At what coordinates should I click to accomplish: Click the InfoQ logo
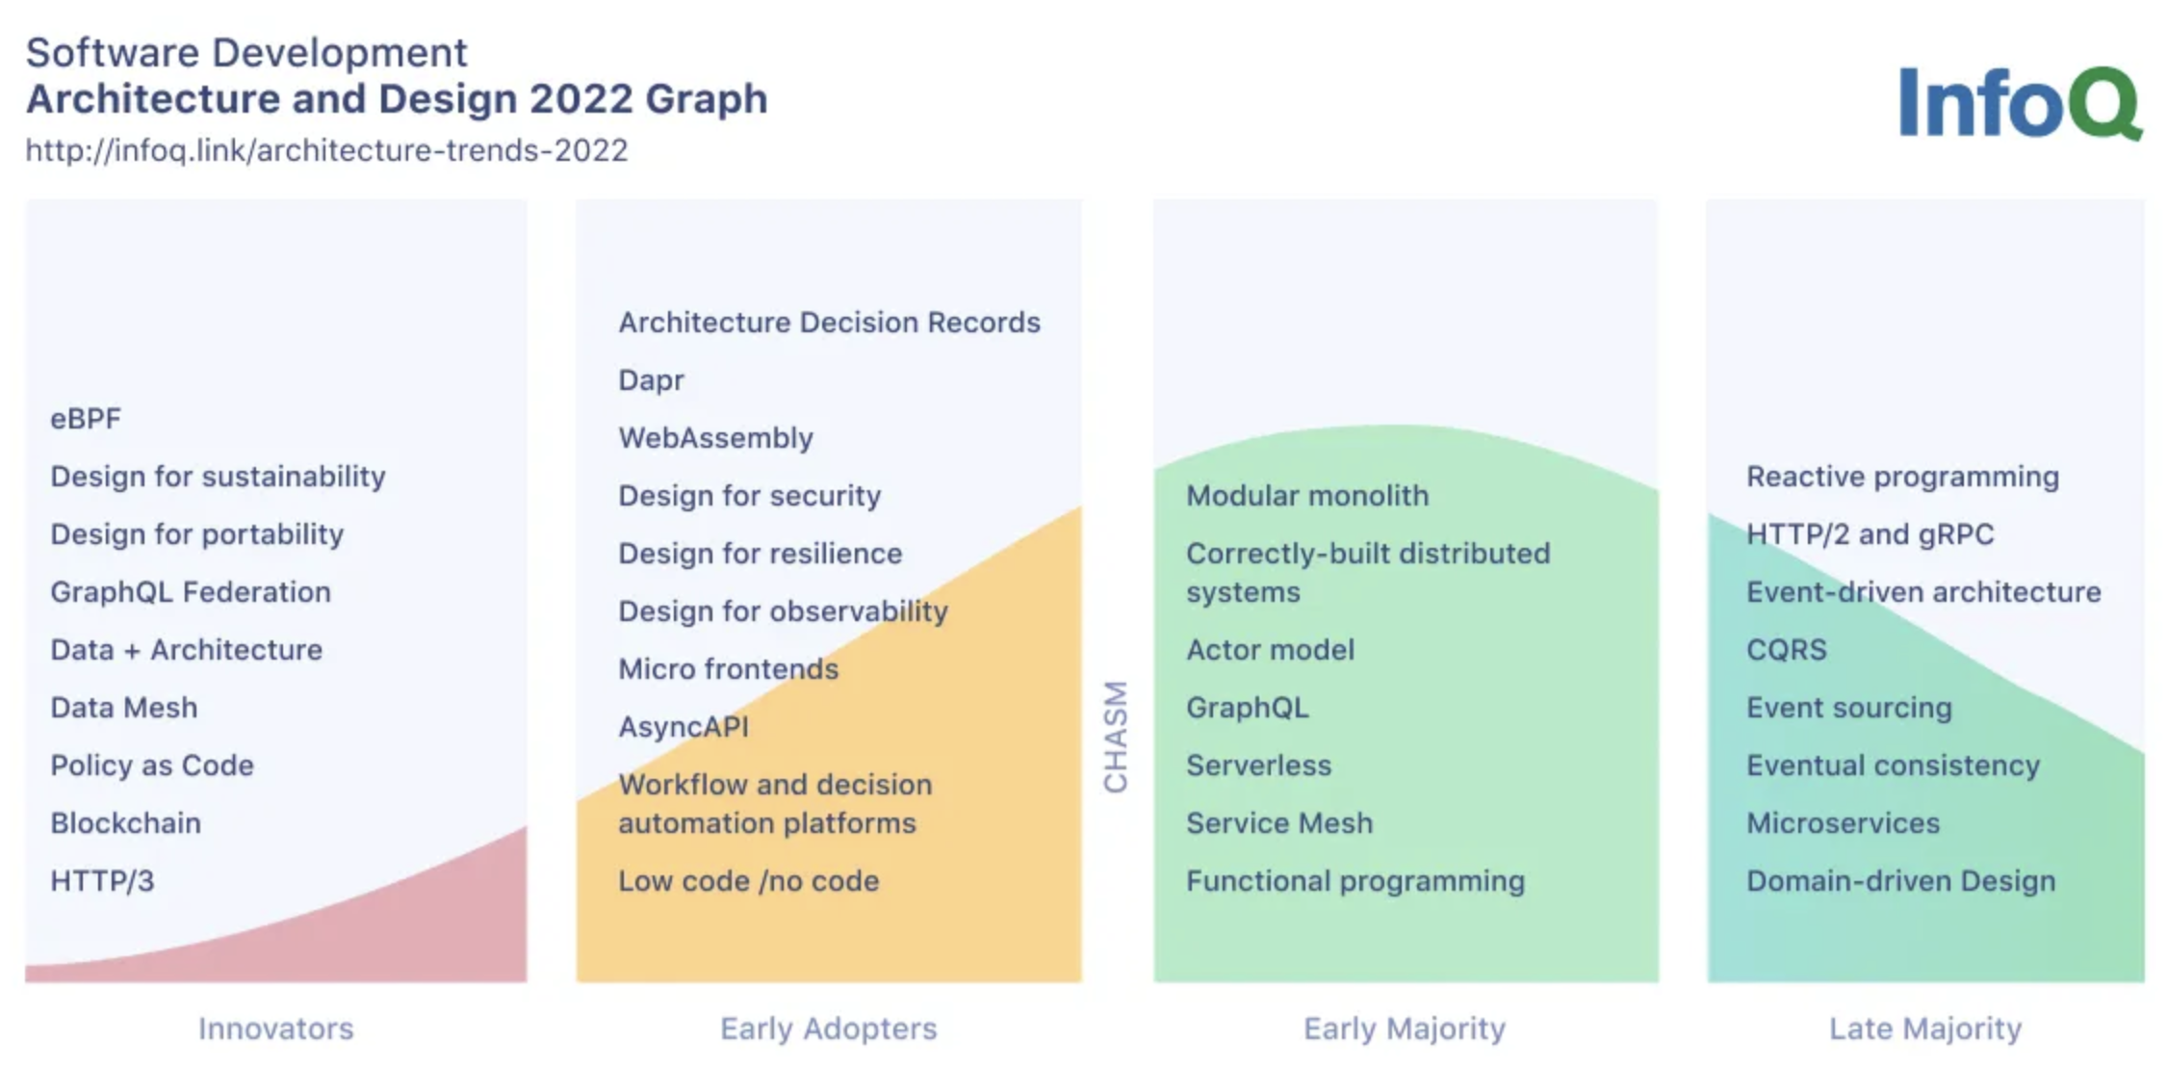[2021, 102]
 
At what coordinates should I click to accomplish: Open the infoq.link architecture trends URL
[326, 150]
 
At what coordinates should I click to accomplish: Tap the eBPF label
[86, 419]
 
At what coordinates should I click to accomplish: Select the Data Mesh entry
[124, 708]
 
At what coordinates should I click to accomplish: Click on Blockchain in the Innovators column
[126, 823]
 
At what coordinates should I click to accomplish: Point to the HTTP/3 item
[102, 881]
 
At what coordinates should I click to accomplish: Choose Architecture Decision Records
[829, 323]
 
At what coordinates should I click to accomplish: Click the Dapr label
[651, 380]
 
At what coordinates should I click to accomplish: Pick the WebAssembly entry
[715, 438]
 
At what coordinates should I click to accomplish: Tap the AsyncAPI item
[684, 727]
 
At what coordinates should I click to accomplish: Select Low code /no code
[749, 881]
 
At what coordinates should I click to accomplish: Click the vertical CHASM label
[1116, 737]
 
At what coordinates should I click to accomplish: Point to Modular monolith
[1307, 496]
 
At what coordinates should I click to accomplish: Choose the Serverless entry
[1259, 766]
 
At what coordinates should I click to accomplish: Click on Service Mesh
[1279, 823]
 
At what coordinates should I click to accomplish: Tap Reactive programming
[1903, 477]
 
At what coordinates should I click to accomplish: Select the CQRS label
[1787, 650]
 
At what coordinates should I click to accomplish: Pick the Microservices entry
[1844, 823]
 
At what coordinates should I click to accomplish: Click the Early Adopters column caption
[829, 1029]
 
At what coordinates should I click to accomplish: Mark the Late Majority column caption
[1925, 1029]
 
